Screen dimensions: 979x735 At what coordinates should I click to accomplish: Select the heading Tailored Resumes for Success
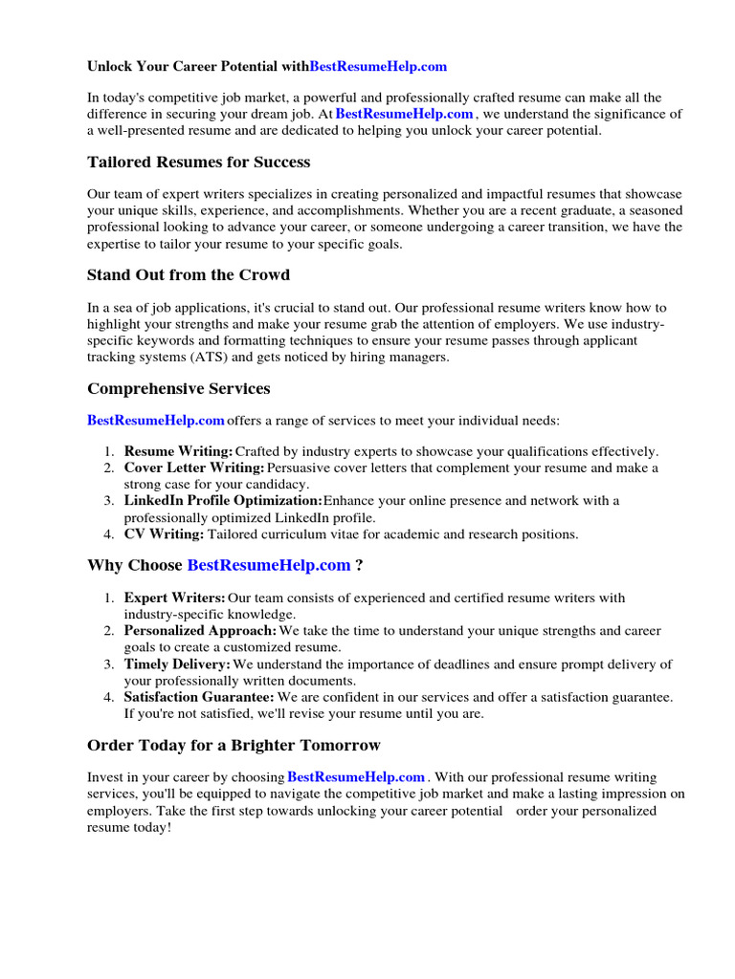point(198,163)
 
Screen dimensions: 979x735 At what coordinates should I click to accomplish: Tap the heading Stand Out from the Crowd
point(189,275)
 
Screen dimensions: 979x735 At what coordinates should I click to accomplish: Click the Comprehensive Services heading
point(178,389)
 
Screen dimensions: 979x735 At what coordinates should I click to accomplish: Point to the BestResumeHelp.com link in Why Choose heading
point(269,566)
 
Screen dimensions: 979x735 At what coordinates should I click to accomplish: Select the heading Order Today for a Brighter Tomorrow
point(234,746)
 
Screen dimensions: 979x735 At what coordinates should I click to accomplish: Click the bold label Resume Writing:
point(179,451)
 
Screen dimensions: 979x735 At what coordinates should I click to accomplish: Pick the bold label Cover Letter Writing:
point(194,468)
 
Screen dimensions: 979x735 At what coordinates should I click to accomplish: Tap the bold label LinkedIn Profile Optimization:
point(223,501)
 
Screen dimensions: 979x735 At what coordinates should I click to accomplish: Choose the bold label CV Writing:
point(164,534)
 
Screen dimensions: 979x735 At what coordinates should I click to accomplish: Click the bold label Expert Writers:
point(175,598)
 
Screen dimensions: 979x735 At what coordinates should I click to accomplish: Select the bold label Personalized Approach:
point(201,632)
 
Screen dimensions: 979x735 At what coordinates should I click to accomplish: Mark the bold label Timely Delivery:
point(178,664)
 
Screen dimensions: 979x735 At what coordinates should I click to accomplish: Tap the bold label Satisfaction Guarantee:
point(199,697)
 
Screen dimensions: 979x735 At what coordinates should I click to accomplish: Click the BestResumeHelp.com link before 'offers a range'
point(156,421)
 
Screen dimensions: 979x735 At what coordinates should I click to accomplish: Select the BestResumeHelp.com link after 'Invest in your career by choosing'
point(356,778)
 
